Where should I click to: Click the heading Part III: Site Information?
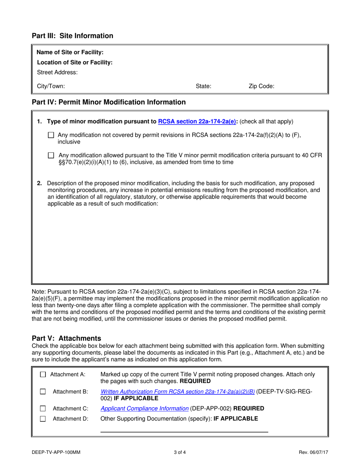[x=72, y=36]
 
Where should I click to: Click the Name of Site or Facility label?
[x=70, y=52]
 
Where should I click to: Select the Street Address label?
[x=57, y=72]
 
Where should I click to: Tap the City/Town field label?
[x=51, y=86]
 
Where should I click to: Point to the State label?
[x=203, y=86]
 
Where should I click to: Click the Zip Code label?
[x=261, y=86]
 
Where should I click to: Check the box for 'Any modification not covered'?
[x=52, y=135]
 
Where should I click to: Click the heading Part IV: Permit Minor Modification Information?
[x=109, y=102]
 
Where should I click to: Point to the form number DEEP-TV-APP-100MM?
[x=56, y=452]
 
